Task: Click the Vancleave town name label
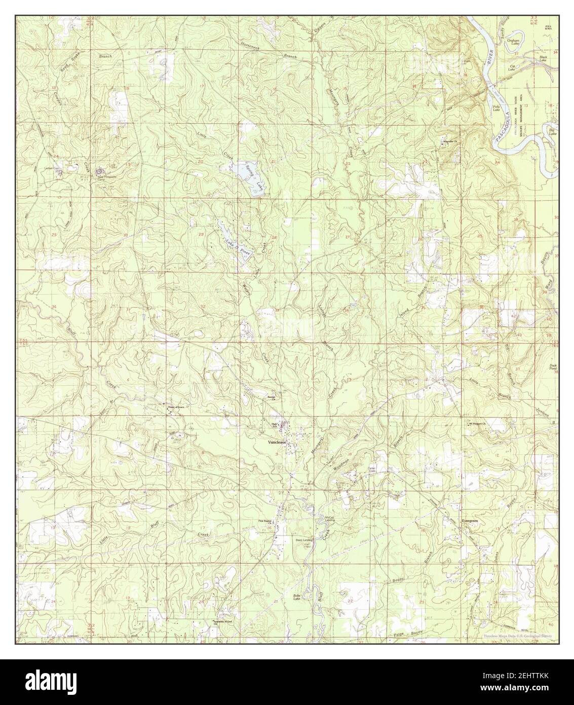[x=278, y=442]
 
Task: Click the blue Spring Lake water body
[x=248, y=174]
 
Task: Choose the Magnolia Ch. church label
[x=450, y=142]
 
